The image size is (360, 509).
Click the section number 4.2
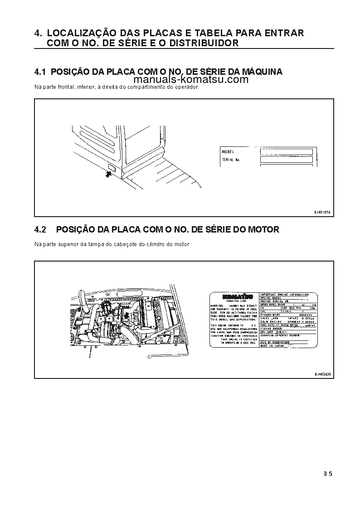[x=40, y=230]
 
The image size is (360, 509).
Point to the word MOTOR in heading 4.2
[x=263, y=230]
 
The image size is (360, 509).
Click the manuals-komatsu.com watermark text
[x=191, y=80]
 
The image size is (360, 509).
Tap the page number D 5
[x=328, y=475]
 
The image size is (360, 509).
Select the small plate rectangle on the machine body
[x=112, y=169]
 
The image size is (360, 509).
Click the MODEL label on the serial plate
[x=228, y=152]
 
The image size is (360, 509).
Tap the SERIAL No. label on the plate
[x=231, y=160]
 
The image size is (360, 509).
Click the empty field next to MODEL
[x=286, y=152]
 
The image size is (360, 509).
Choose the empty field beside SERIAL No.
[x=286, y=160]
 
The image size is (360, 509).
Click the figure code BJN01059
[x=322, y=212]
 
